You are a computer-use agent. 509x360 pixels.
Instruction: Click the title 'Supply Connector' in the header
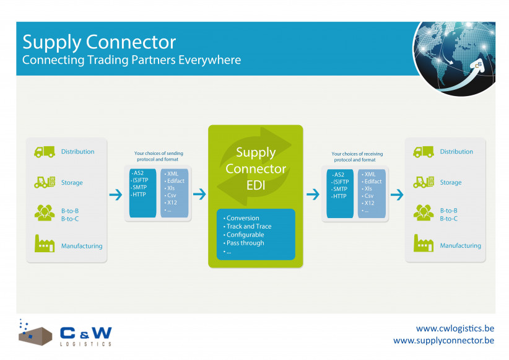click(x=99, y=42)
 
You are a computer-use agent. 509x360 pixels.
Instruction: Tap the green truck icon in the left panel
click(x=44, y=152)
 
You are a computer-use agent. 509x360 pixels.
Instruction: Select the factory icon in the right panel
click(x=423, y=245)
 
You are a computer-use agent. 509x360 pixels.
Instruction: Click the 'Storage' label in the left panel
click(x=72, y=183)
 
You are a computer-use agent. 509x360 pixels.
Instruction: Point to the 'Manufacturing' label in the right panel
click(x=460, y=246)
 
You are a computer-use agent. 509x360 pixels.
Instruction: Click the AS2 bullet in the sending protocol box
click(x=139, y=173)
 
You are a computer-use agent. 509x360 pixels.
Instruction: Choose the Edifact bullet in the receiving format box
click(x=373, y=182)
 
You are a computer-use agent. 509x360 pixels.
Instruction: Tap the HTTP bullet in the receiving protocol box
click(x=340, y=196)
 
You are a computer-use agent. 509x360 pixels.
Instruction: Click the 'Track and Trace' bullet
click(x=249, y=227)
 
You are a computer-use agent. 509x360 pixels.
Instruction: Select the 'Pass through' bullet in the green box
click(x=245, y=243)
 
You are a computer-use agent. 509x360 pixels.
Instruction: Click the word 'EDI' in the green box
click(x=255, y=183)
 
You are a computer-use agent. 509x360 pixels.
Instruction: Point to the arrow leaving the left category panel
click(x=116, y=195)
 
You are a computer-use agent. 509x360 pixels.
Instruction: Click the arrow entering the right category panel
click(x=396, y=195)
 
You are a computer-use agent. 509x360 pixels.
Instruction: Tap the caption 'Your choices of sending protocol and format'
click(x=159, y=157)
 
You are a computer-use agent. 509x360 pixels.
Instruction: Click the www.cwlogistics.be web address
click(x=455, y=328)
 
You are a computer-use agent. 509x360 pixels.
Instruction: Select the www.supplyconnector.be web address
click(x=443, y=341)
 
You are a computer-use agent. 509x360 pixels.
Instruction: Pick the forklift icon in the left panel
click(x=44, y=182)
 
